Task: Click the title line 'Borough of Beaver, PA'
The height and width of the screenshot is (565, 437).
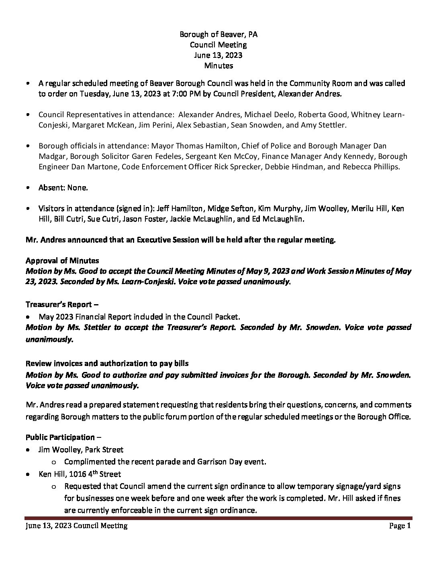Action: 218,35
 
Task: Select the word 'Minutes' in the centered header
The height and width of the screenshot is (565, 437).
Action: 218,65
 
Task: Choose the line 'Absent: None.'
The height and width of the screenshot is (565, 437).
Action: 63,187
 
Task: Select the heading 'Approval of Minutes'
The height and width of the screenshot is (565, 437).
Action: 62,261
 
